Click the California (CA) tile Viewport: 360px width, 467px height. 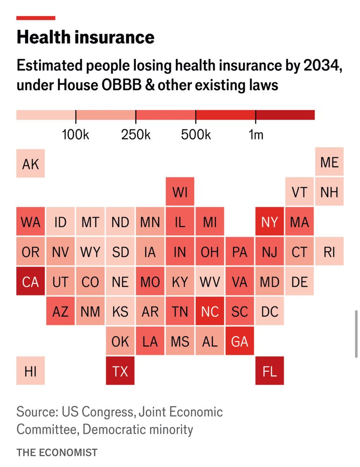[x=30, y=282]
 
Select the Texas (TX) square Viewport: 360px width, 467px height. [x=120, y=371]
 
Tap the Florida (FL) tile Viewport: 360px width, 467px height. [x=269, y=371]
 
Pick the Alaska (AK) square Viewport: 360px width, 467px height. [x=30, y=163]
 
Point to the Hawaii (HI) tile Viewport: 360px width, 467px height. [x=30, y=371]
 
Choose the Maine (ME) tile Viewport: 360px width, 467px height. [x=329, y=163]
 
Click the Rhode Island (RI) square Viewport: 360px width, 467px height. [x=329, y=252]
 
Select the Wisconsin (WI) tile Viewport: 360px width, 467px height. [x=180, y=192]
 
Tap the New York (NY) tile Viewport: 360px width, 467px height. [x=269, y=222]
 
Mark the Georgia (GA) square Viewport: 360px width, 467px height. [x=240, y=341]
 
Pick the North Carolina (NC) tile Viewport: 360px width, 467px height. [x=210, y=311]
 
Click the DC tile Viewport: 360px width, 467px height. [x=269, y=311]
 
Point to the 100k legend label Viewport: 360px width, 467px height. [x=76, y=135]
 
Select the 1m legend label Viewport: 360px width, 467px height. [x=256, y=135]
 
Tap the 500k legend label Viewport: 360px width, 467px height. [x=196, y=135]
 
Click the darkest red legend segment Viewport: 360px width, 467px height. [x=285, y=115]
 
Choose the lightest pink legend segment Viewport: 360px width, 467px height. [x=46, y=115]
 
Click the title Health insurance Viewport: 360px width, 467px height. [x=85, y=37]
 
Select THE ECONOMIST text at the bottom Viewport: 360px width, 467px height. [x=57, y=452]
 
